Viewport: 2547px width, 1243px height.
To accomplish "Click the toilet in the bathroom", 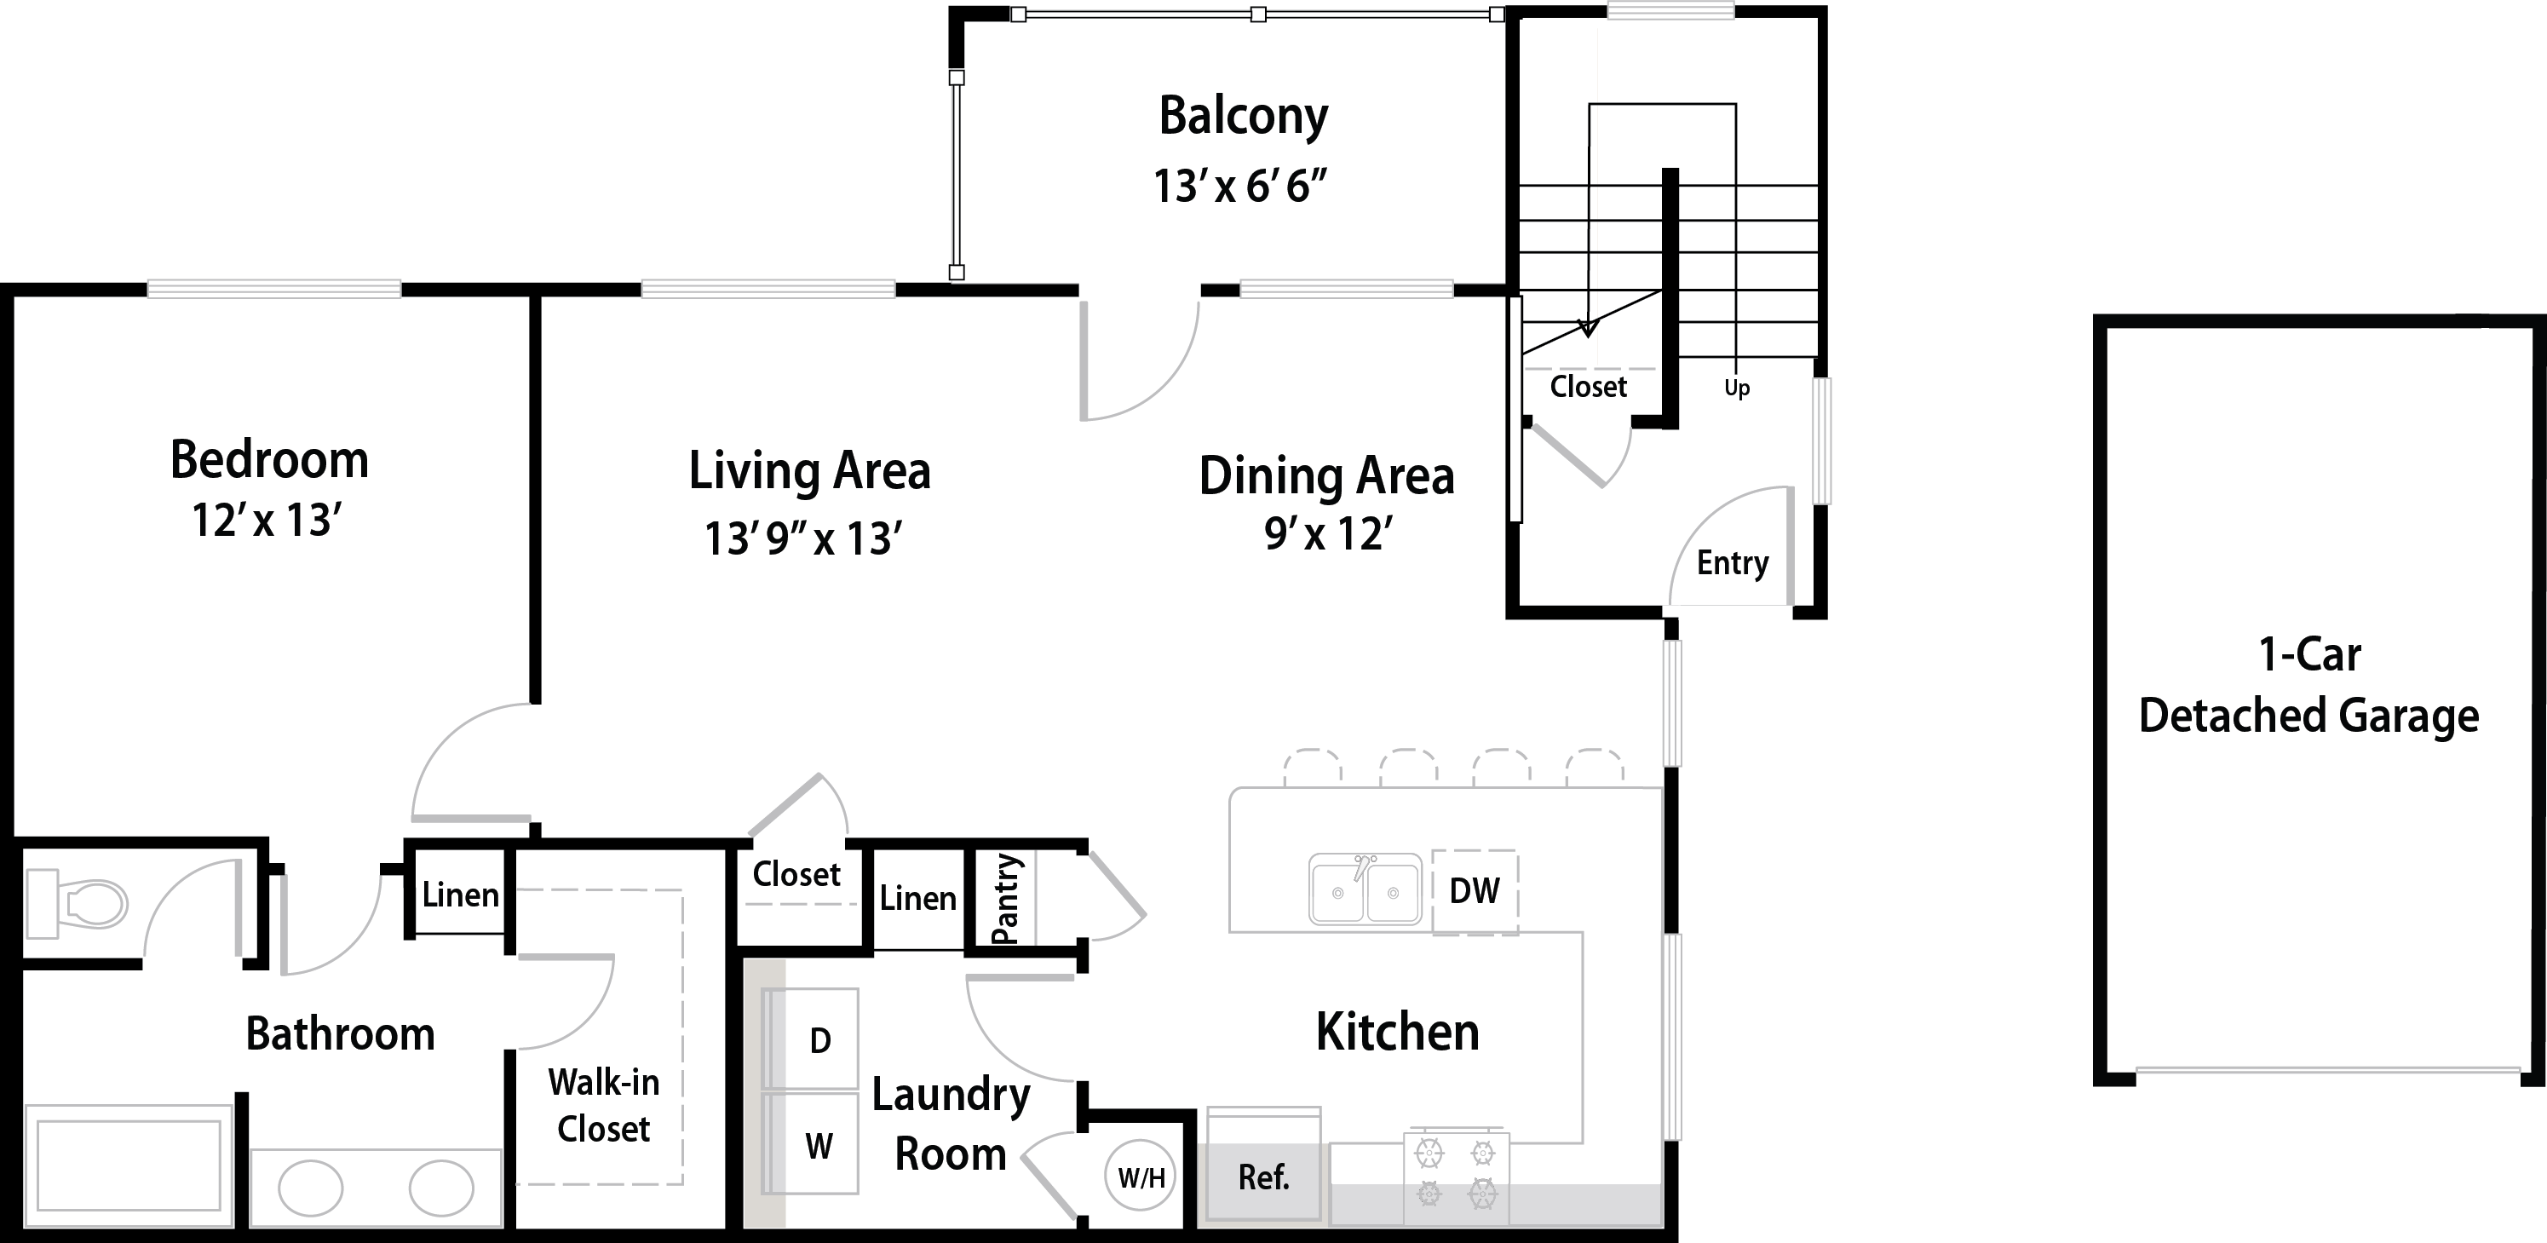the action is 76,903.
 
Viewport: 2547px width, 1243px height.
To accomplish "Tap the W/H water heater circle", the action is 1141,1177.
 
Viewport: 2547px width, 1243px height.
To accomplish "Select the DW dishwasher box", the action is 1475,892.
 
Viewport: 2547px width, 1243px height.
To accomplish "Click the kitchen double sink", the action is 1365,888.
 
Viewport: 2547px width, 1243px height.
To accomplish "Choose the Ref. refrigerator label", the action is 1263,1177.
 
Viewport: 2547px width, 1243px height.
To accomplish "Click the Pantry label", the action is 1004,899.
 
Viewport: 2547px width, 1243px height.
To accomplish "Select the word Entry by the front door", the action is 1733,562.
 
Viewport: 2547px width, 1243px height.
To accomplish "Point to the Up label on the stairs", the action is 1737,388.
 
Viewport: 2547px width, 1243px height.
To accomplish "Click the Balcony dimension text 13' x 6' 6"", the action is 1240,186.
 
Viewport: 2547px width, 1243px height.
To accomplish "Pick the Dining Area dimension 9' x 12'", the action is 1328,534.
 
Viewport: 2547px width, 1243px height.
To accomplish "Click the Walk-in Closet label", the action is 603,1105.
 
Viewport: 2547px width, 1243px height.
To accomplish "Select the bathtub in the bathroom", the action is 129,1165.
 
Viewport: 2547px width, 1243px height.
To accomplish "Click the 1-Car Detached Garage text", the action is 2308,684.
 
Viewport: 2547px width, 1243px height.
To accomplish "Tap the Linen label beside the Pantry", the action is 917,898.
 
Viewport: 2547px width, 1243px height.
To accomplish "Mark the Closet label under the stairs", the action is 1588,386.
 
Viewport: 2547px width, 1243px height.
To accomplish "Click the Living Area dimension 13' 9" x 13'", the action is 802,539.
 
